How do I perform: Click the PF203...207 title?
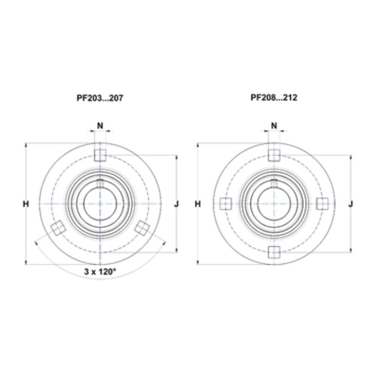[x=100, y=98]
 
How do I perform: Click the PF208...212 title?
[x=274, y=97]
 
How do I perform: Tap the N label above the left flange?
[x=100, y=126]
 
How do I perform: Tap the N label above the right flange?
[x=274, y=126]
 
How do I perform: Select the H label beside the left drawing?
[x=26, y=204]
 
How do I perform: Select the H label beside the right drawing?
[x=198, y=204]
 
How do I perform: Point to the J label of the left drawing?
[x=177, y=204]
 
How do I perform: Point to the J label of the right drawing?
[x=351, y=204]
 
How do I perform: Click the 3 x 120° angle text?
[x=100, y=271]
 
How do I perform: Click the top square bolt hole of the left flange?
[x=100, y=155]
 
